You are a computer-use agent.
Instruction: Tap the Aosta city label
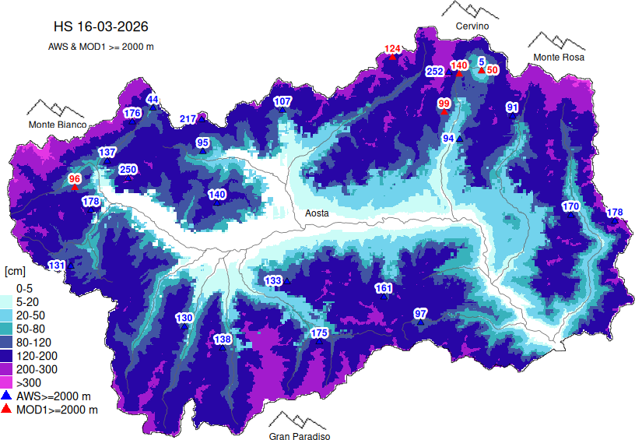pyautogui.click(x=316, y=213)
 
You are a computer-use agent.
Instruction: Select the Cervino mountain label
pyautogui.click(x=472, y=26)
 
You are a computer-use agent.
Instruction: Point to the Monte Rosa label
pyautogui.click(x=559, y=57)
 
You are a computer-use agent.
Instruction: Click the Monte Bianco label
pyautogui.click(x=58, y=125)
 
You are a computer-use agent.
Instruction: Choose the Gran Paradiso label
pyautogui.click(x=300, y=436)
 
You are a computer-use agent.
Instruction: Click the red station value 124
pyautogui.click(x=393, y=50)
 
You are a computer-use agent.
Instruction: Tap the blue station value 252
pyautogui.click(x=435, y=72)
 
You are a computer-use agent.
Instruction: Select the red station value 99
pyautogui.click(x=444, y=104)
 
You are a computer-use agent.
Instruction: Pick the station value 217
pyautogui.click(x=188, y=119)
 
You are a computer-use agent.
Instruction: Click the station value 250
pyautogui.click(x=128, y=170)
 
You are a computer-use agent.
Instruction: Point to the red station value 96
pyautogui.click(x=75, y=179)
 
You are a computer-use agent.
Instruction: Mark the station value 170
pyautogui.click(x=571, y=206)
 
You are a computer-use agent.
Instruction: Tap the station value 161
pyautogui.click(x=384, y=288)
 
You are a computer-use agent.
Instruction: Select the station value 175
pyautogui.click(x=319, y=333)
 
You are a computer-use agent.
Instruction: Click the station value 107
pyautogui.click(x=282, y=102)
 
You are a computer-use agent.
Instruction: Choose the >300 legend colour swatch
pyautogui.click(x=9, y=382)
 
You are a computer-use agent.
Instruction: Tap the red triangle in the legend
pyautogui.click(x=8, y=409)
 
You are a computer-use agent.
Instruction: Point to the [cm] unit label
pyautogui.click(x=15, y=271)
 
